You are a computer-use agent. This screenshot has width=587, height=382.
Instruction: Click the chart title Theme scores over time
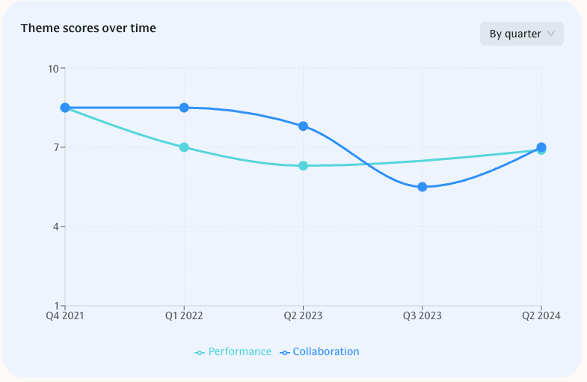click(x=88, y=28)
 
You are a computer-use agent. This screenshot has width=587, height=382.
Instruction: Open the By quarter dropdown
click(x=521, y=34)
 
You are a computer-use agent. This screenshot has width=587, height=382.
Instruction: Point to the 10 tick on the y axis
click(x=53, y=69)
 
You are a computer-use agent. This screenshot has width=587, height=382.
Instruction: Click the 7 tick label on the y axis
click(x=55, y=147)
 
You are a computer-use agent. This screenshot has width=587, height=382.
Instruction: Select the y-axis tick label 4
click(x=55, y=227)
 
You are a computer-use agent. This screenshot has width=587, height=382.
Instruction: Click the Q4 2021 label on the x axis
click(x=65, y=316)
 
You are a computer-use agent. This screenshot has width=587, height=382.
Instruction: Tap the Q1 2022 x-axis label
click(x=184, y=316)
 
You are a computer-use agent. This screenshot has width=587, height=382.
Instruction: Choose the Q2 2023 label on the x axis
click(x=303, y=316)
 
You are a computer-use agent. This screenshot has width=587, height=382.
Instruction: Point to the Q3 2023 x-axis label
click(x=422, y=316)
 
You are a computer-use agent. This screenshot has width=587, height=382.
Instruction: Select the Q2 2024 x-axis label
click(x=541, y=316)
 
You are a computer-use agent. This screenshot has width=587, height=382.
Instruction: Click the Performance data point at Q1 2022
click(x=184, y=147)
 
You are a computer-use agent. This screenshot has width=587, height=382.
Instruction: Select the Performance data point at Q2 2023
click(x=303, y=166)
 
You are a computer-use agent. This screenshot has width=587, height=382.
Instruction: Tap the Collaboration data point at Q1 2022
click(x=184, y=108)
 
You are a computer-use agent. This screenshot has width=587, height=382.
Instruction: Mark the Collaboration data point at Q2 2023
click(x=303, y=126)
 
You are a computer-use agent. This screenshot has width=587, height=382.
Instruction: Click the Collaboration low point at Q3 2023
click(x=422, y=187)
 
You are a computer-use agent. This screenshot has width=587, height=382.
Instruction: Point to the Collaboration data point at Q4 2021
click(x=65, y=108)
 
